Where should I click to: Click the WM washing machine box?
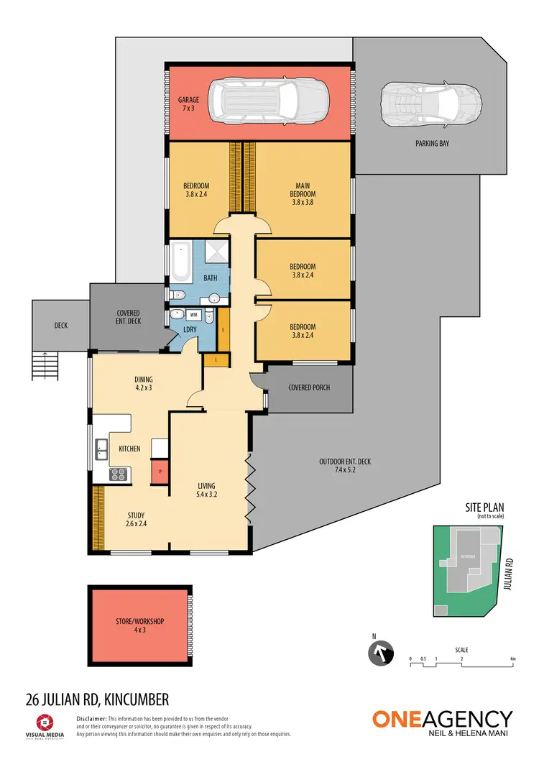coord(194,314)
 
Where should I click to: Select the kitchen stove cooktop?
coord(117,474)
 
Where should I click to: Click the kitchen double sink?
coord(101,451)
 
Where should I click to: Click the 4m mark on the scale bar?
coord(512,658)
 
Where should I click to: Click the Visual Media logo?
coord(45,725)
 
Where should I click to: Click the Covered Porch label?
coord(309,387)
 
